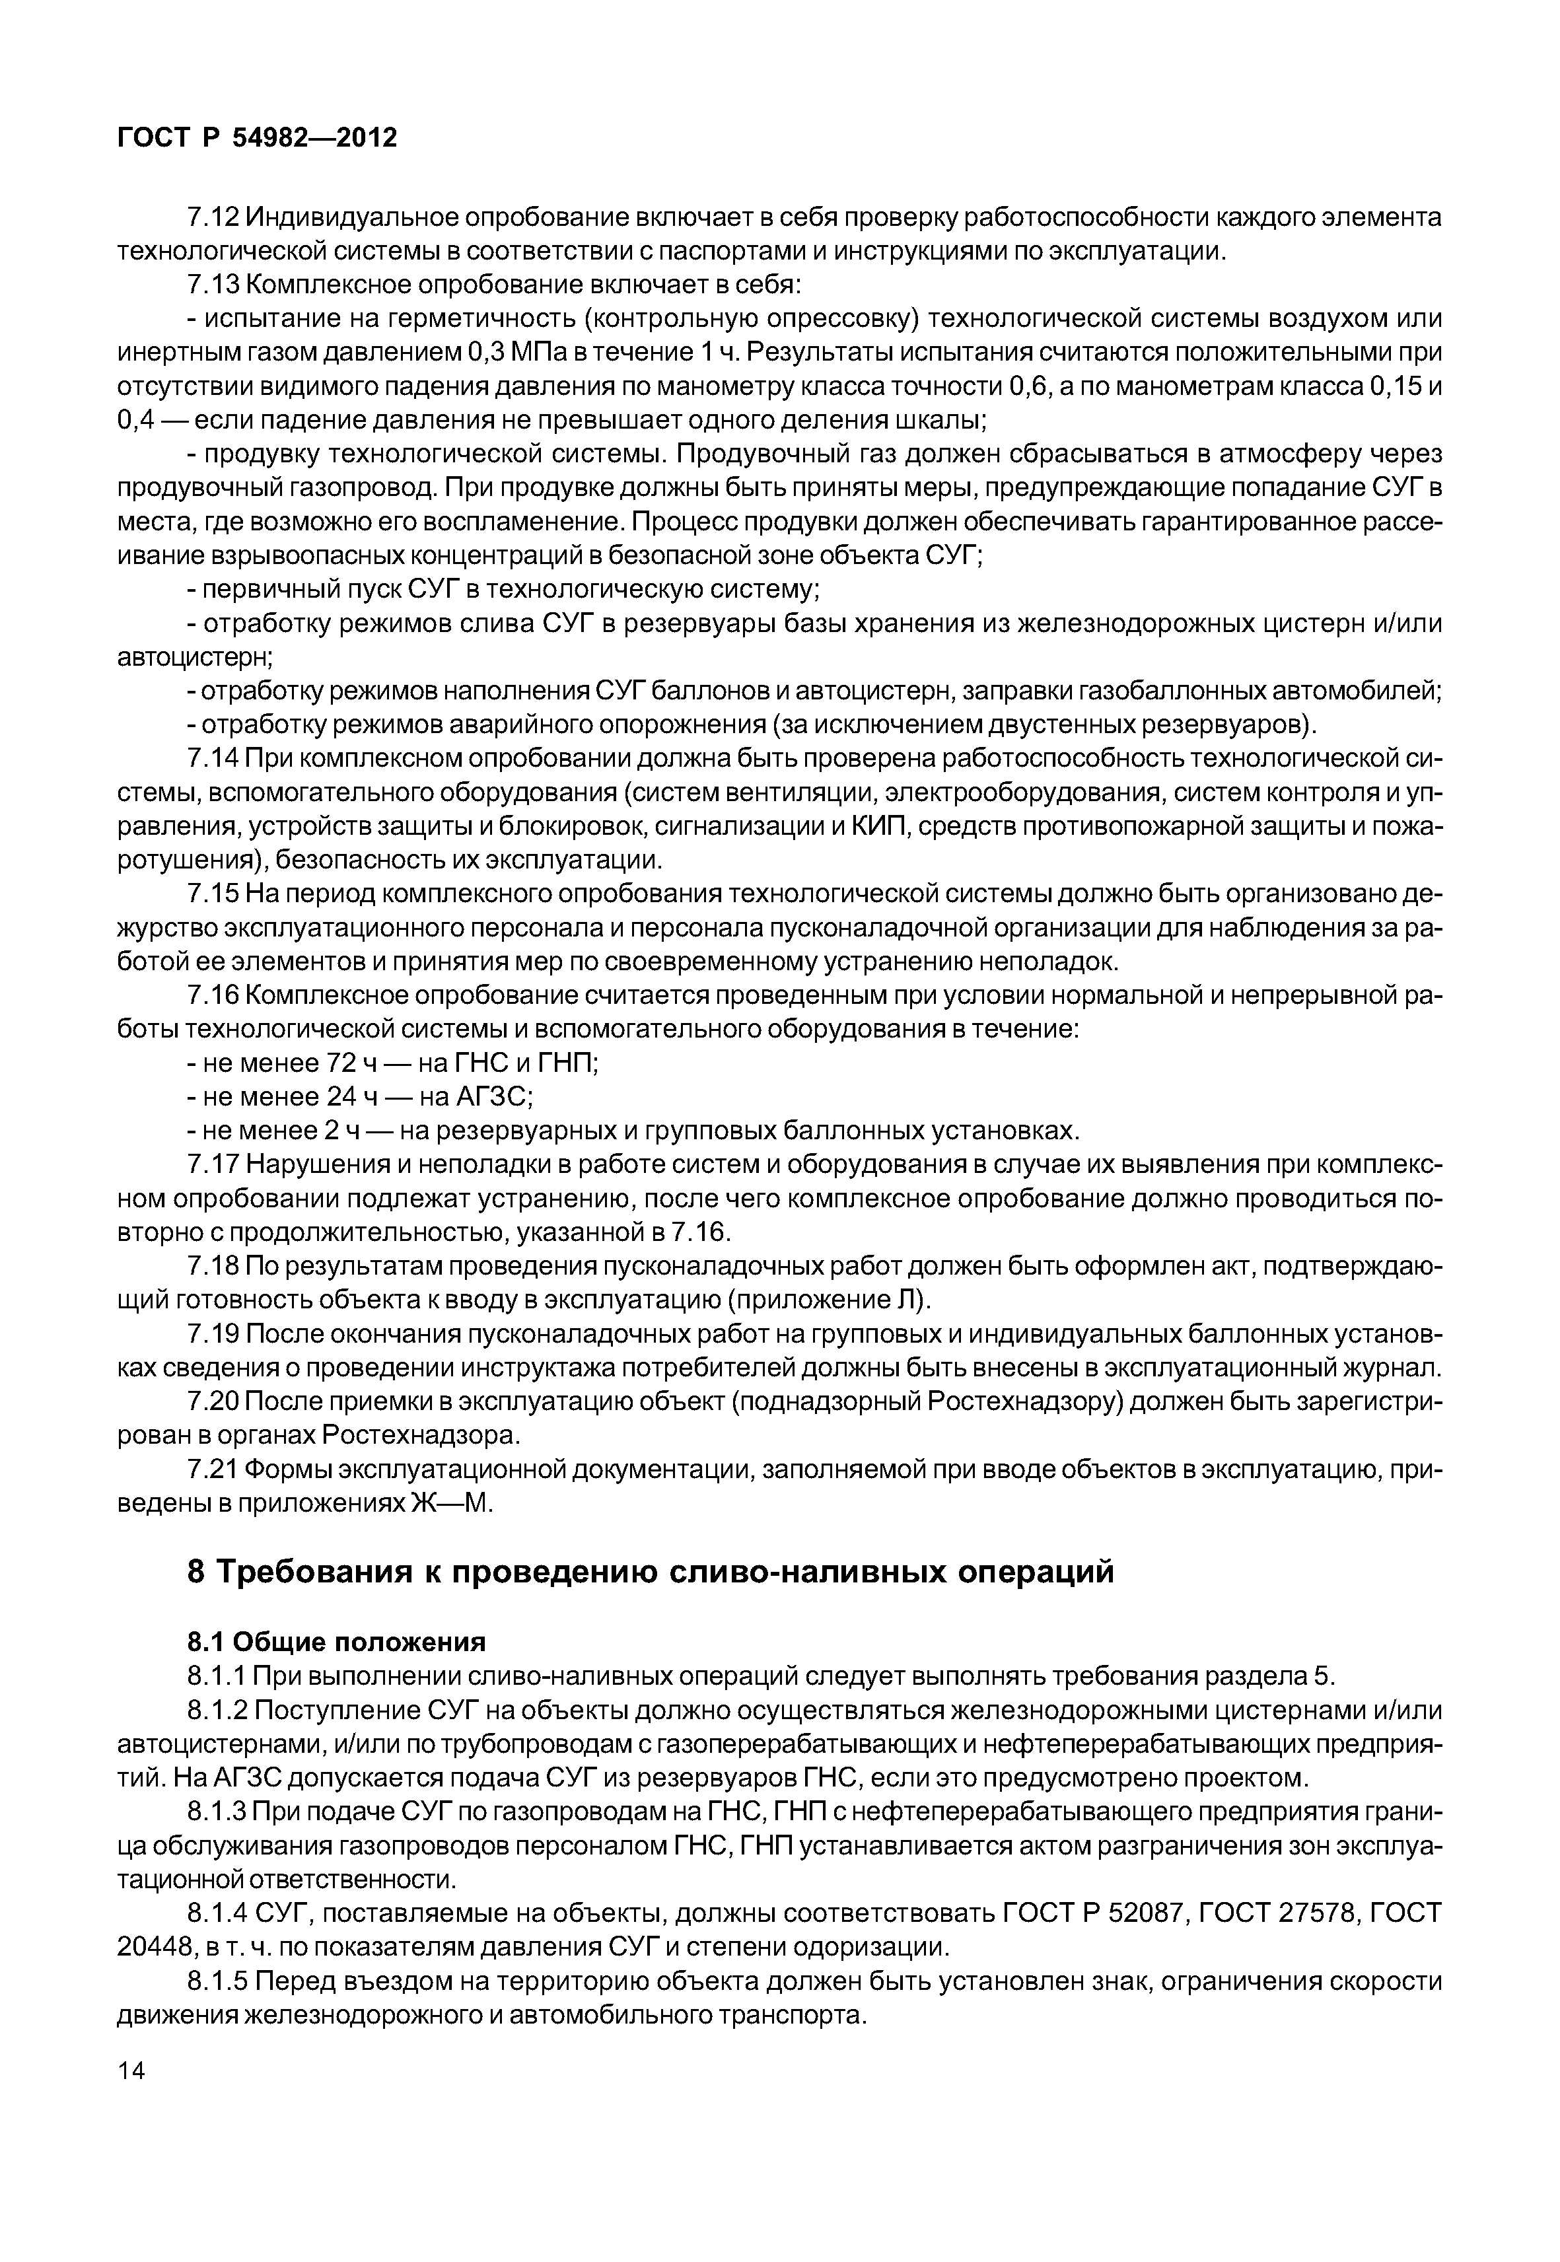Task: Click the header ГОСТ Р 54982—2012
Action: click(257, 138)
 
